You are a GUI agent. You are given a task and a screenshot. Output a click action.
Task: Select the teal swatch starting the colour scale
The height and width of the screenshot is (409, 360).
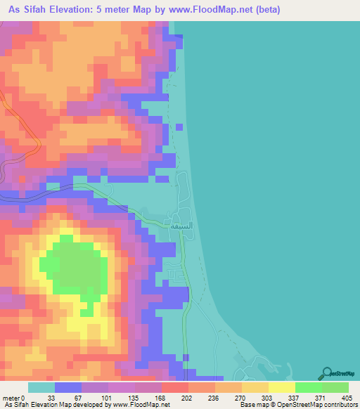(41, 388)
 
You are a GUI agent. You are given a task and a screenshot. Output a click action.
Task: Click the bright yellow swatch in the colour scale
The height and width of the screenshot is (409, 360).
(281, 388)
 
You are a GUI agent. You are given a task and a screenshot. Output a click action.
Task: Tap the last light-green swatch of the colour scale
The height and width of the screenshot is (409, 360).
(335, 388)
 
